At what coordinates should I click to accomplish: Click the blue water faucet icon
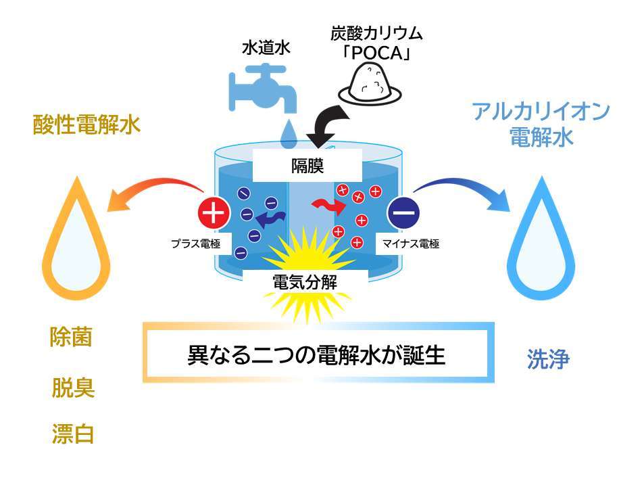coord(264,88)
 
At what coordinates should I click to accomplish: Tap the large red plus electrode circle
coord(214,213)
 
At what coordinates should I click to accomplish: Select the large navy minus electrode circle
coord(403,213)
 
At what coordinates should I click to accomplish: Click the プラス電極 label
coord(196,243)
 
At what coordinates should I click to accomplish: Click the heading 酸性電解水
coord(87,125)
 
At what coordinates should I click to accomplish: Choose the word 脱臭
coord(73,388)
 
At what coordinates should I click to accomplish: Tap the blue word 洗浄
coord(548,360)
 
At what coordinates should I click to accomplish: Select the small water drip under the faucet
coord(289,132)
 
